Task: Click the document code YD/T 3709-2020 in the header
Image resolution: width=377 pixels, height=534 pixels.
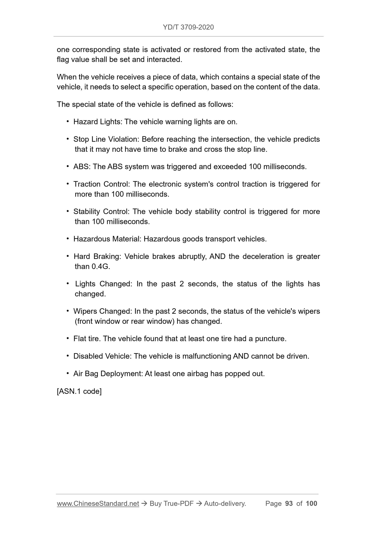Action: tap(188, 27)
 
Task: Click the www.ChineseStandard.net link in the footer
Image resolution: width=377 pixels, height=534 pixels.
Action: tap(98, 503)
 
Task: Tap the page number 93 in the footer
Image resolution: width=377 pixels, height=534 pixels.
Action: tap(289, 503)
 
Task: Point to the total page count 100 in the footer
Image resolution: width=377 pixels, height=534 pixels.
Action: tap(311, 503)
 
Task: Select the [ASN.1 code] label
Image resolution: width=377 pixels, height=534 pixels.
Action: tap(79, 391)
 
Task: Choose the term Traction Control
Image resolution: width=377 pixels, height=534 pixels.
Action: tap(101, 184)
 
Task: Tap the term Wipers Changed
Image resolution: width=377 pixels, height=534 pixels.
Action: tap(102, 311)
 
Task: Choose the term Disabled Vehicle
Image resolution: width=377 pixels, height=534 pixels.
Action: tap(102, 356)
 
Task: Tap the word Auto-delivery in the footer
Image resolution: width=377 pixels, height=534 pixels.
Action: tap(225, 503)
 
